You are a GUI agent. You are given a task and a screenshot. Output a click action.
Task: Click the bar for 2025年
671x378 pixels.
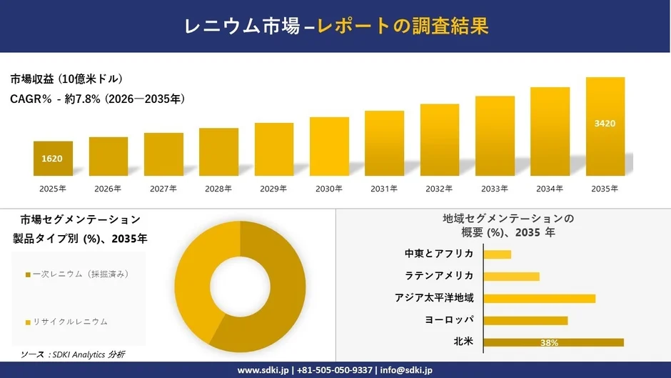tap(53, 159)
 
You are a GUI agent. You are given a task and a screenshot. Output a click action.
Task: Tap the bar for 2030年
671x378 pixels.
tap(329, 146)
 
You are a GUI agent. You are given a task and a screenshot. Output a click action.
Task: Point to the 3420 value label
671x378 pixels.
tap(605, 124)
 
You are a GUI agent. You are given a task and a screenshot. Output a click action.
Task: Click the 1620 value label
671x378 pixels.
tap(53, 158)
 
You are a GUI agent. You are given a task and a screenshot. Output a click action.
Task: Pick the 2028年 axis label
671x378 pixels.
tap(218, 189)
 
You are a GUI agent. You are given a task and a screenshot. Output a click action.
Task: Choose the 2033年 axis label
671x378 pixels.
tap(495, 189)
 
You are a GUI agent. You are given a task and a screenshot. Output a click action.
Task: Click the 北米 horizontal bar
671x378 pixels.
tap(553, 342)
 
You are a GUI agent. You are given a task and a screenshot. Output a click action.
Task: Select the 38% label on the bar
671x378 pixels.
tap(549, 343)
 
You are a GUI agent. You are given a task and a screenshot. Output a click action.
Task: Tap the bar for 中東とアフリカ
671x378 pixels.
tap(498, 254)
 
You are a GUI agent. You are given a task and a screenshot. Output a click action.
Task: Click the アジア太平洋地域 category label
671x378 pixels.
tap(434, 298)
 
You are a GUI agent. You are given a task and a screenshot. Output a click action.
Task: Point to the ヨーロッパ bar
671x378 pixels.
tap(525, 320)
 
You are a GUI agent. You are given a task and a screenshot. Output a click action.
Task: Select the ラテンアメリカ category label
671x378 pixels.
tap(439, 276)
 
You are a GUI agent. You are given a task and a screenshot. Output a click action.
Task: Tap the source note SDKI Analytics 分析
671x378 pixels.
tap(73, 354)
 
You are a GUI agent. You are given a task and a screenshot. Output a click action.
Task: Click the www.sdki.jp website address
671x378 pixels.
tap(262, 370)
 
